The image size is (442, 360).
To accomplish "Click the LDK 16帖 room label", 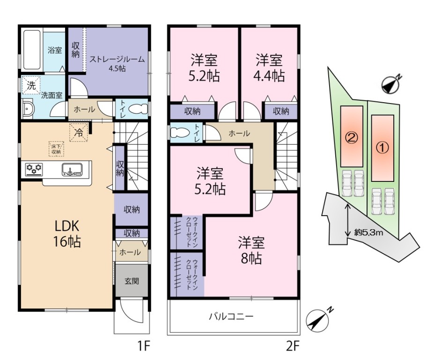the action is [x=67, y=233].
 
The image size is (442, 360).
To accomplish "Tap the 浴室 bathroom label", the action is [x=55, y=51].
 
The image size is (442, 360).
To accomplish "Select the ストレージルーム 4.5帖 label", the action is [x=117, y=63].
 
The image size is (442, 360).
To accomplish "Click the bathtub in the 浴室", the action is [x=33, y=49].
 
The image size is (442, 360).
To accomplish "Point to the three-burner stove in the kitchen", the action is [x=34, y=169].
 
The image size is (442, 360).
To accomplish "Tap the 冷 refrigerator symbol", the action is [x=79, y=133].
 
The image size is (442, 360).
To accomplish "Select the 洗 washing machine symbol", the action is [x=31, y=85].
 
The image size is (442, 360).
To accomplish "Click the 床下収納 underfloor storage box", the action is [x=56, y=149].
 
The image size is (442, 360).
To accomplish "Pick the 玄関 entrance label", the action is [x=132, y=281].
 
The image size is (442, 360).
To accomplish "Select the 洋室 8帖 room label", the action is [x=251, y=250].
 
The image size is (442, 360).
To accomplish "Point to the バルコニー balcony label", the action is [x=231, y=316].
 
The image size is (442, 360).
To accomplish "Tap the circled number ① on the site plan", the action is [x=383, y=147].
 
